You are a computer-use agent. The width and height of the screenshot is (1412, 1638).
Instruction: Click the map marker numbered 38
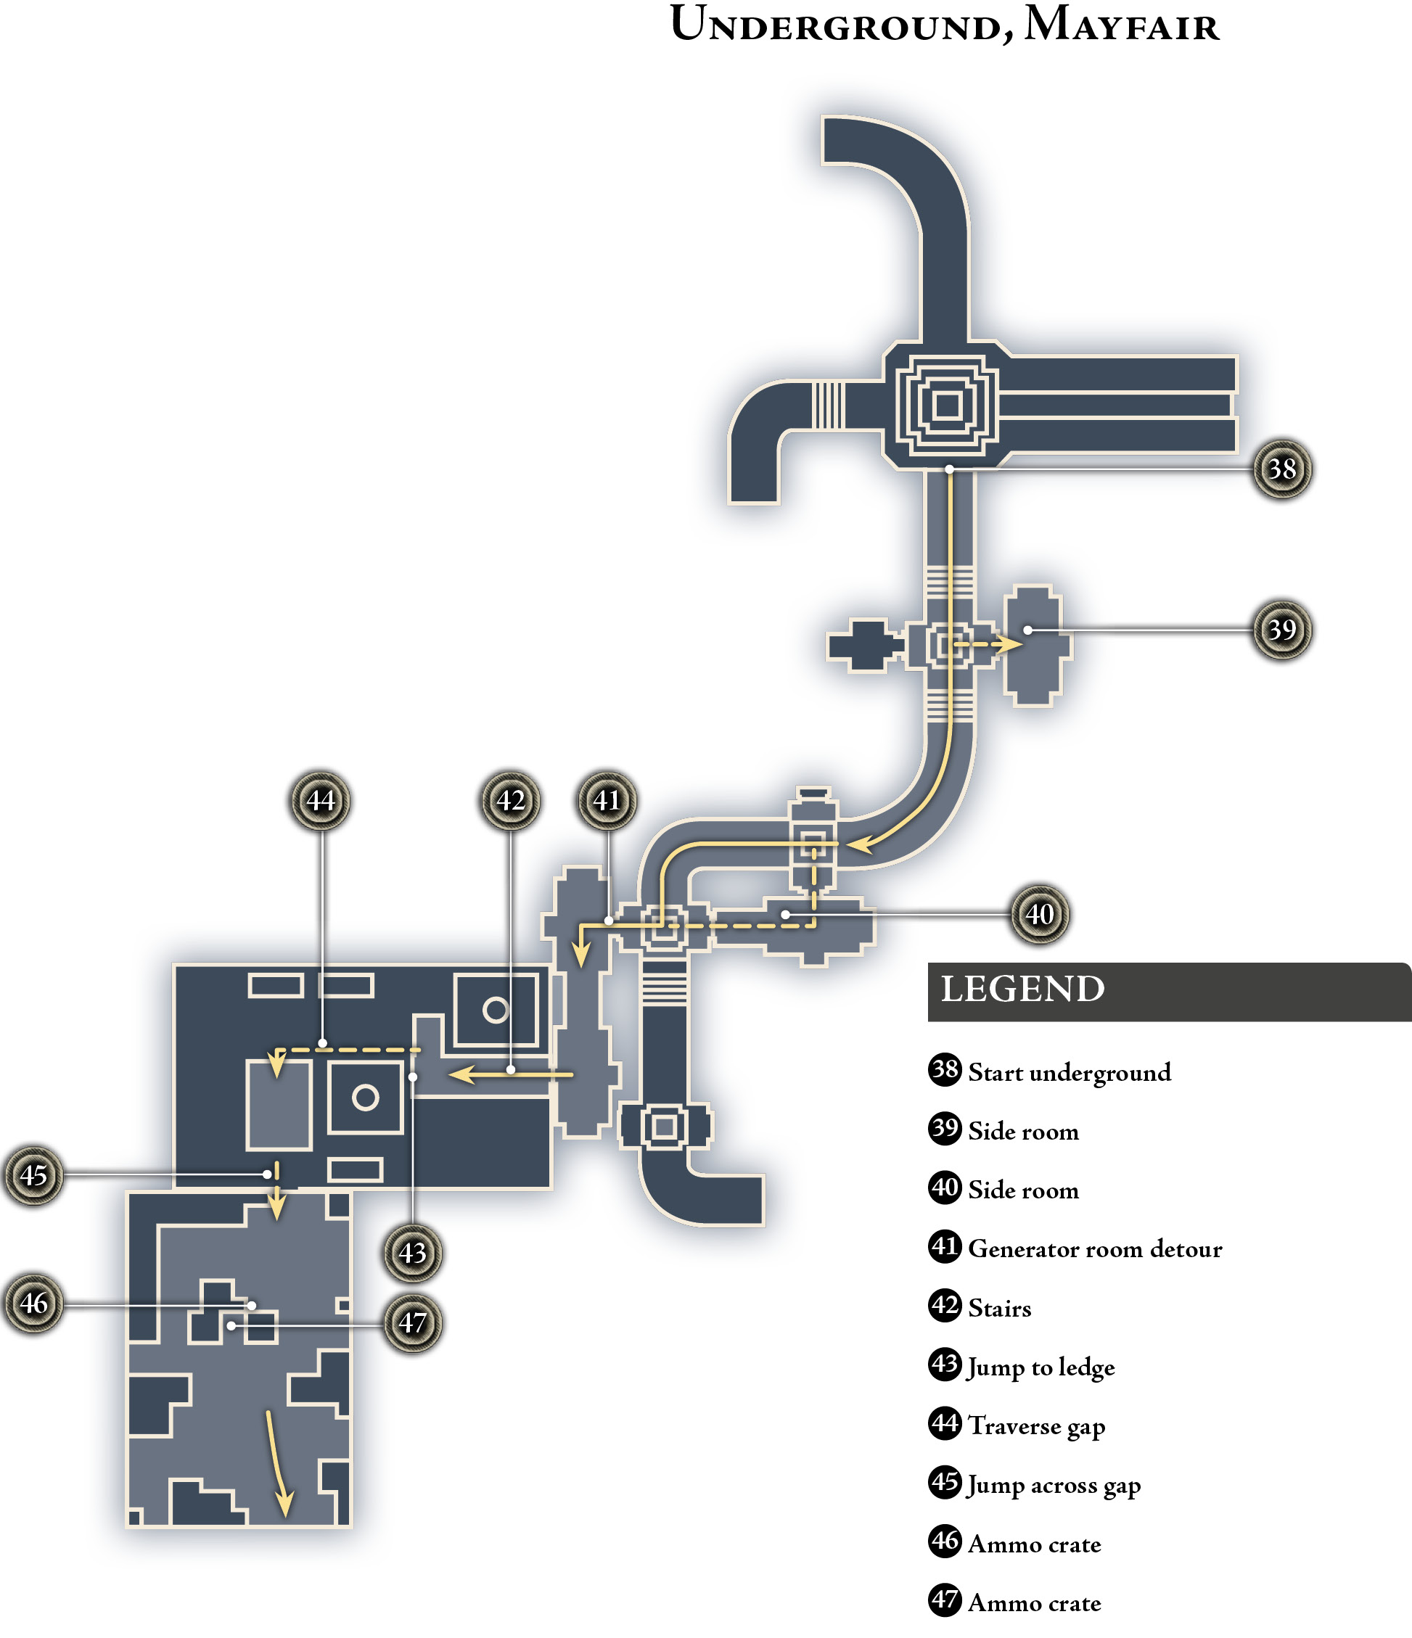click(x=1281, y=469)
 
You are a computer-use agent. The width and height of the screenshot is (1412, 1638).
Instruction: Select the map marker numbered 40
click(x=1040, y=914)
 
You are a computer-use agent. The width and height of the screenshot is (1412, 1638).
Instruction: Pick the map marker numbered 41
click(x=607, y=800)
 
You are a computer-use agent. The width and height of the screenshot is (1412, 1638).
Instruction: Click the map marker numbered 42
click(x=511, y=800)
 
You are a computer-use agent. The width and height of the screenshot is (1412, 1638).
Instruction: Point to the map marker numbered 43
click(x=412, y=1252)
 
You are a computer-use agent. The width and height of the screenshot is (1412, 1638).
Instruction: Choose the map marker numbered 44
click(x=320, y=800)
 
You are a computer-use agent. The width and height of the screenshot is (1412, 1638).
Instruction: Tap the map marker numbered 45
click(x=33, y=1174)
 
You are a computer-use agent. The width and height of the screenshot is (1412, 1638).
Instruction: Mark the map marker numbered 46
click(x=33, y=1303)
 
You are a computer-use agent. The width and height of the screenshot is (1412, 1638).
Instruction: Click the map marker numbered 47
click(x=412, y=1322)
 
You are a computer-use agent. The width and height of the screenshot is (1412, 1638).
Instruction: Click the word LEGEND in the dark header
click(x=1022, y=989)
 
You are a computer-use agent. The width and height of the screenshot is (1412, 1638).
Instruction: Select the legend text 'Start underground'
click(x=1070, y=1073)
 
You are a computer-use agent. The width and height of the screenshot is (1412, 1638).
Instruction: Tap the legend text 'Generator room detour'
click(x=1095, y=1249)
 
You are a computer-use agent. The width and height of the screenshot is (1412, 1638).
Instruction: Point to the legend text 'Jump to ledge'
click(x=1041, y=1367)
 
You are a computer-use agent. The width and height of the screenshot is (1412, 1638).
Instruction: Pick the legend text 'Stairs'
click(x=999, y=1309)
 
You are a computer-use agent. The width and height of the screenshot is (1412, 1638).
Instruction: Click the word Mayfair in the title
click(x=1122, y=24)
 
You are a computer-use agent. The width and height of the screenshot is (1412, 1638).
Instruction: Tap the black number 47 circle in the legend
click(x=945, y=1600)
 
